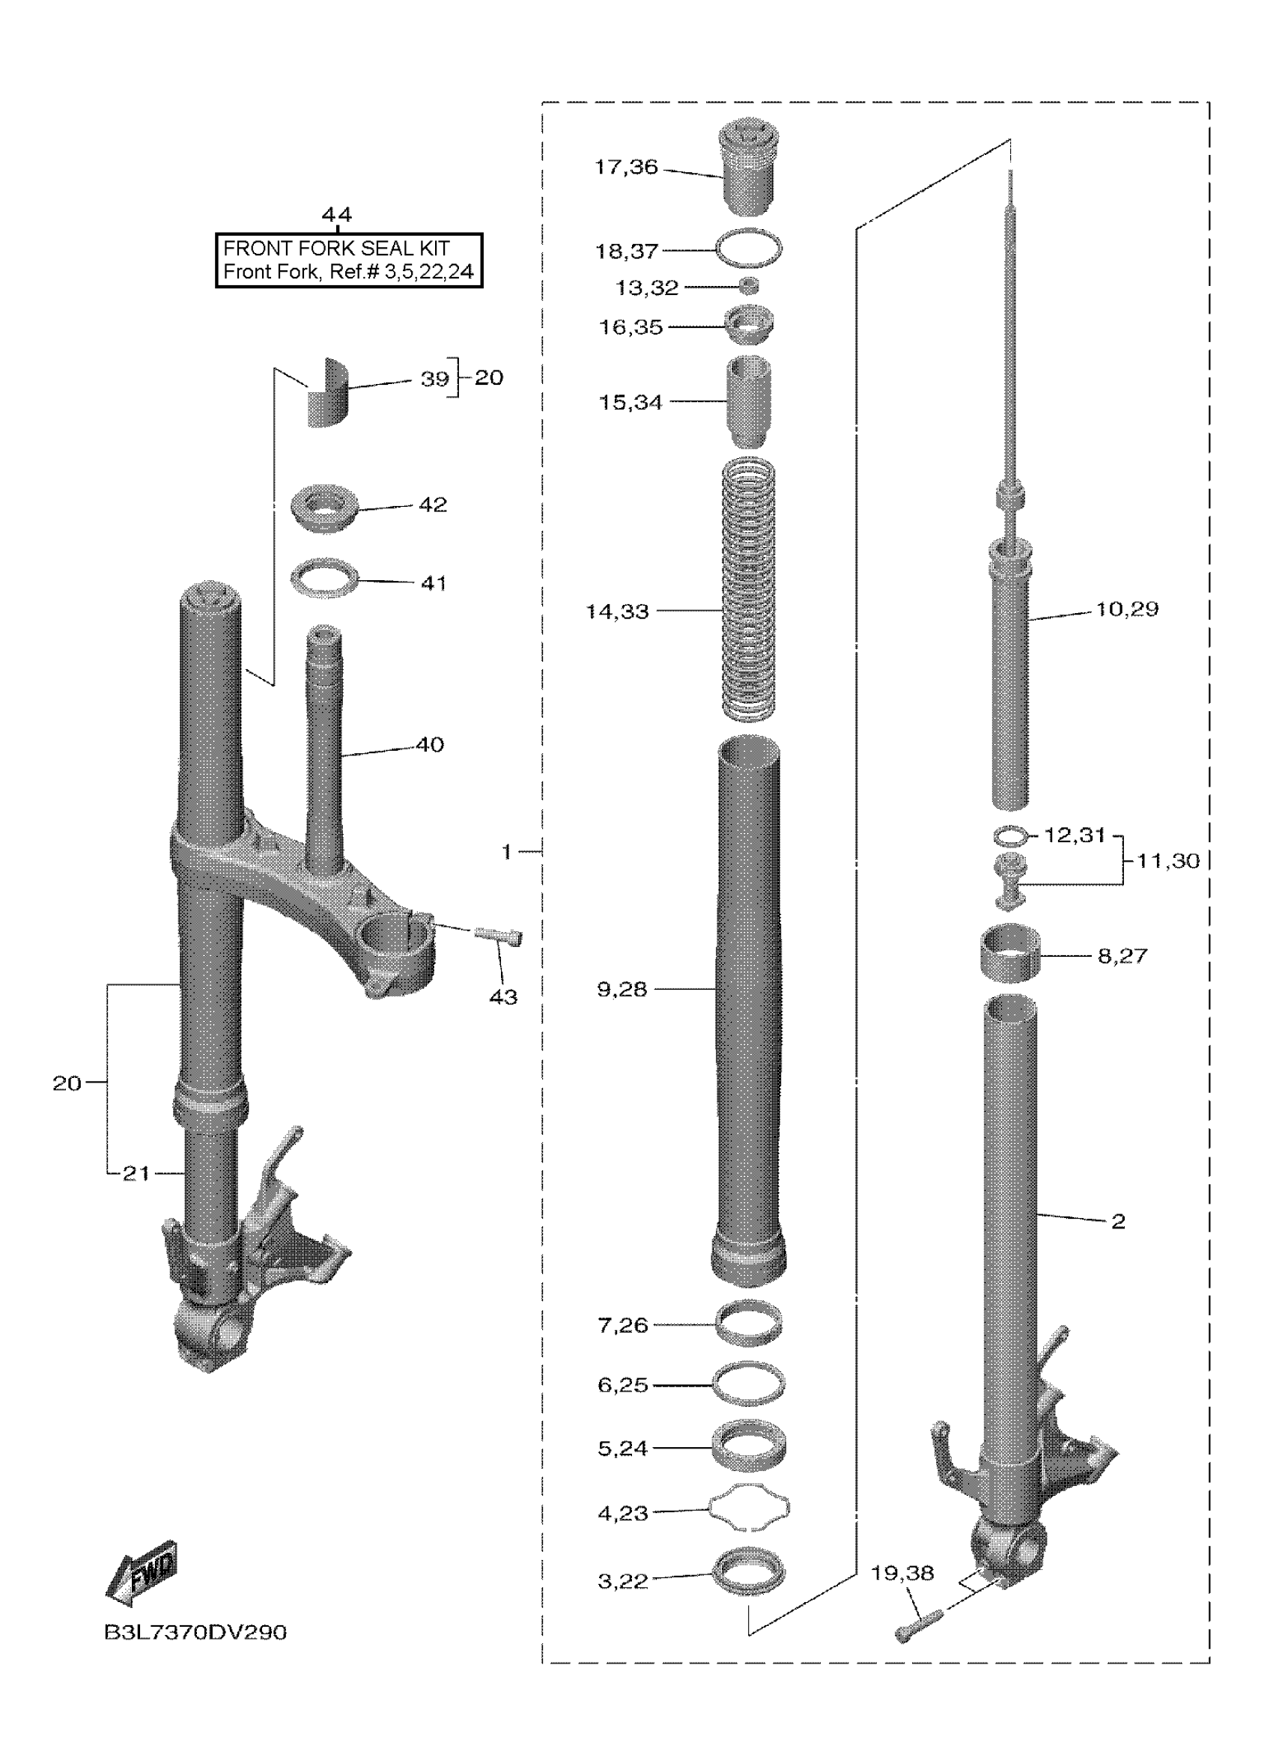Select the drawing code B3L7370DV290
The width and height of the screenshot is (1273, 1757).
(195, 1633)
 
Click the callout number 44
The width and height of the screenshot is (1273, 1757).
(336, 215)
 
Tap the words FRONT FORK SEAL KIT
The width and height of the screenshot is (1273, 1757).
(336, 249)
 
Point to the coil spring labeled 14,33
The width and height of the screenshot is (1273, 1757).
(749, 588)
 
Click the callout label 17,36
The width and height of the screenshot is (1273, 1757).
(626, 168)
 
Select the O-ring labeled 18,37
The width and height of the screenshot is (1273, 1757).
(749, 249)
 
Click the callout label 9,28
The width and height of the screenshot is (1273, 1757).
(622, 989)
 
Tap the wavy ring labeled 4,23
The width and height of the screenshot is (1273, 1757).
(749, 1508)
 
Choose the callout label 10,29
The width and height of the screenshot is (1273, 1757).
(1126, 609)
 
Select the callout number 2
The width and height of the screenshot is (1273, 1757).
(1117, 1222)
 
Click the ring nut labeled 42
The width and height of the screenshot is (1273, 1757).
(324, 508)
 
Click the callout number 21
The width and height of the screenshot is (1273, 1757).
(136, 1174)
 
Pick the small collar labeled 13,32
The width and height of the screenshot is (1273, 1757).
(749, 287)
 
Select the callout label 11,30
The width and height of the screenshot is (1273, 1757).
(1167, 861)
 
